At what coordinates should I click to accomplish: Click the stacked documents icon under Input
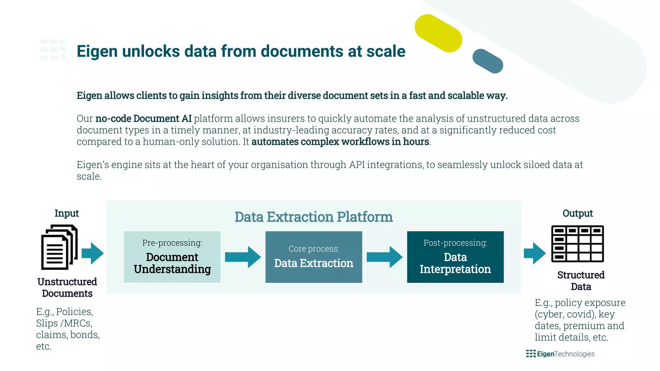coord(59,247)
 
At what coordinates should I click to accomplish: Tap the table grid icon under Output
coord(577,244)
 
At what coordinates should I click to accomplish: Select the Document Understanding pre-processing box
coord(172,257)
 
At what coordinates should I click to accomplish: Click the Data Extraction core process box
coord(314,257)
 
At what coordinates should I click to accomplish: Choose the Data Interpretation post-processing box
coord(455,257)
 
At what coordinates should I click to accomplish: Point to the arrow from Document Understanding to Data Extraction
coord(243,257)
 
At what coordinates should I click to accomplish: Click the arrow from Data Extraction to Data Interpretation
coord(384,257)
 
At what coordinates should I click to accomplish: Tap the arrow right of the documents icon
coord(92,253)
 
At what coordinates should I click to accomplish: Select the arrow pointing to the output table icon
coord(535,253)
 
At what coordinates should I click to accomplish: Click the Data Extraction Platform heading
coord(314,217)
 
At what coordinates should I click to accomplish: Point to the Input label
coord(67,213)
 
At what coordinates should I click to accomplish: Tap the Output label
coord(577,213)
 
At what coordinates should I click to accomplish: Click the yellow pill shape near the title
coord(438,33)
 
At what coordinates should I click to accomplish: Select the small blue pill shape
coord(488,61)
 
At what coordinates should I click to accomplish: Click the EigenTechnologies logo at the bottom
coord(560,354)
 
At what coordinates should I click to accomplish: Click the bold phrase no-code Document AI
coord(143,119)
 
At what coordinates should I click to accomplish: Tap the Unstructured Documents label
coord(67,288)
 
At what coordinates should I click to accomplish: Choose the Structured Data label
coord(581,281)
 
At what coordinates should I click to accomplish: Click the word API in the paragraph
coord(357,165)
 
